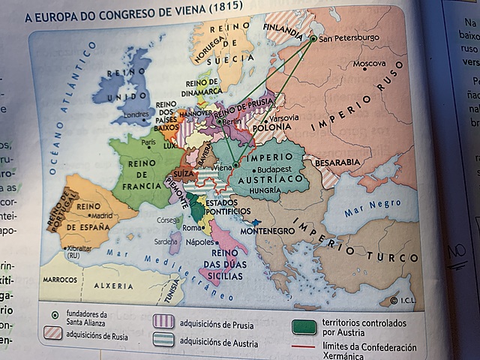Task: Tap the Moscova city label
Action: coord(369,64)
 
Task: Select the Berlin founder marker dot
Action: coord(219,120)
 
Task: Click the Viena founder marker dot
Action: coord(235,166)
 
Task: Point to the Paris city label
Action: coord(148,142)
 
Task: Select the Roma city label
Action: coord(191,228)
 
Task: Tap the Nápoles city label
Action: coord(199,242)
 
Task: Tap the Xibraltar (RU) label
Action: coord(79,250)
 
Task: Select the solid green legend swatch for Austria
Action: coord(304,326)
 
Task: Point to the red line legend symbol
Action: coord(304,347)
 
